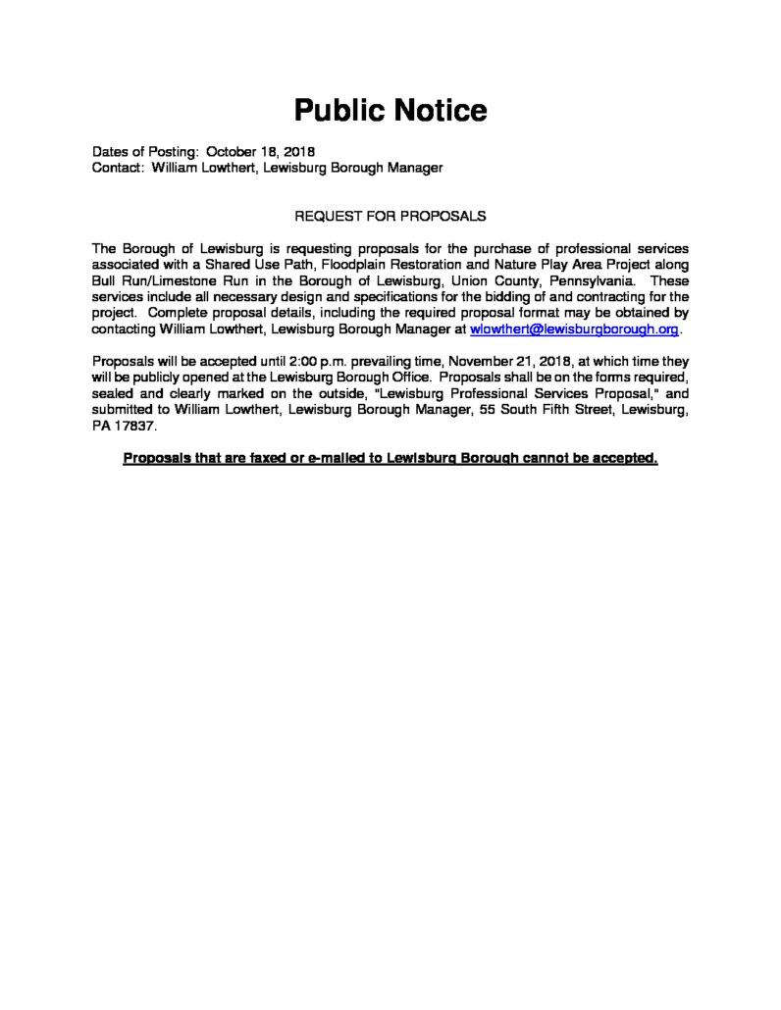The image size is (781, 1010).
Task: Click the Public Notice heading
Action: tap(390, 110)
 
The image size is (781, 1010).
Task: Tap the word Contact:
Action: tap(119, 168)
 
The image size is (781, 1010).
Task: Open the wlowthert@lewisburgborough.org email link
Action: tap(574, 330)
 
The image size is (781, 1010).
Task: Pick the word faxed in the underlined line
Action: tap(271, 458)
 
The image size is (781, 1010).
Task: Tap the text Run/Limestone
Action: tap(168, 279)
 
